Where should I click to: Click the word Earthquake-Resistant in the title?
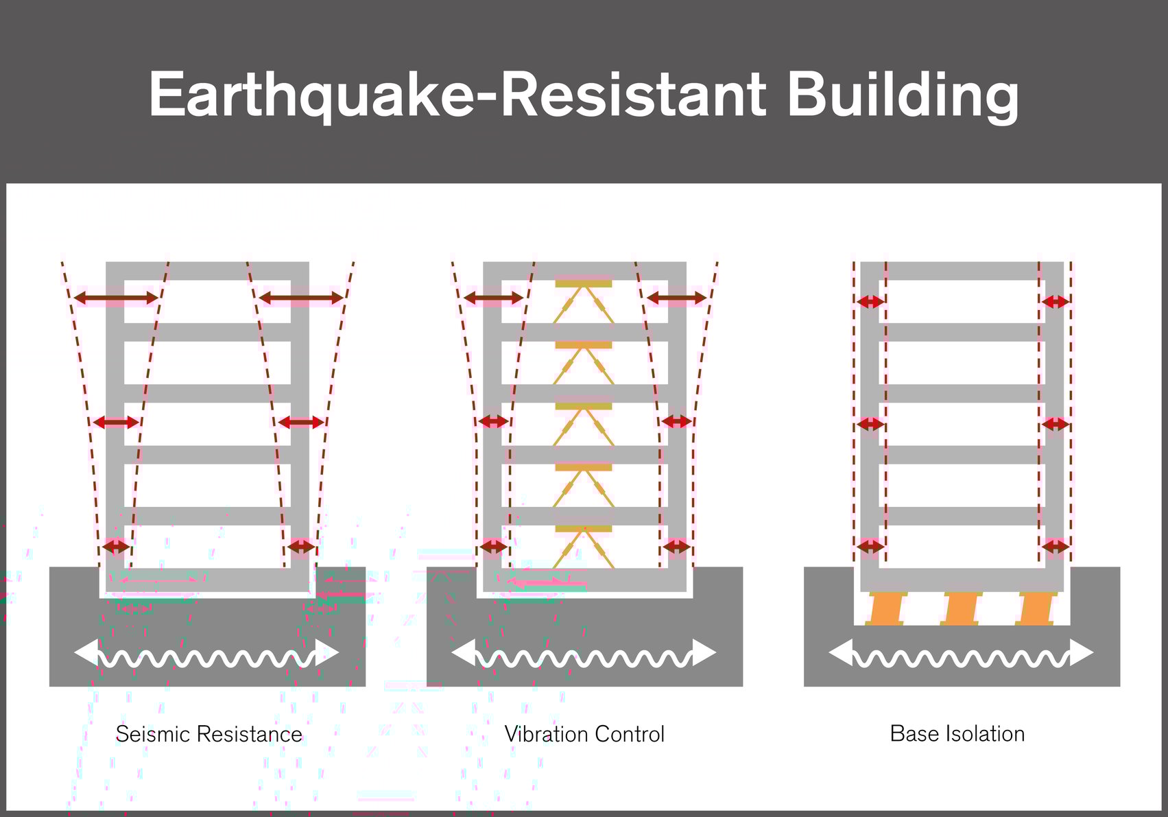point(456,95)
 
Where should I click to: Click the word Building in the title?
point(902,95)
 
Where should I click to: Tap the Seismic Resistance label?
point(208,734)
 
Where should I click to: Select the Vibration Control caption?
point(584,734)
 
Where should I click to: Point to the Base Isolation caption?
point(957,733)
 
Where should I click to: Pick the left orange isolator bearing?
point(885,608)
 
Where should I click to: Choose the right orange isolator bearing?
point(1036,608)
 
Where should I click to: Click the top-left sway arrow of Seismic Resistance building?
point(116,298)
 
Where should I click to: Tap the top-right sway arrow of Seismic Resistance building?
point(300,298)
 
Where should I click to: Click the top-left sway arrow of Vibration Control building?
point(494,298)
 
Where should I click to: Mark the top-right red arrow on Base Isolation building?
point(1055,301)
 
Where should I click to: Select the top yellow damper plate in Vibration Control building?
point(584,283)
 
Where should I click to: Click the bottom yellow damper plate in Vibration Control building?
point(584,529)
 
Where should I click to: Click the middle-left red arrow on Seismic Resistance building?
point(116,423)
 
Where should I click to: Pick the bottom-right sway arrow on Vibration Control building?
point(677,547)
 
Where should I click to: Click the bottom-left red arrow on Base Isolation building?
point(870,547)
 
